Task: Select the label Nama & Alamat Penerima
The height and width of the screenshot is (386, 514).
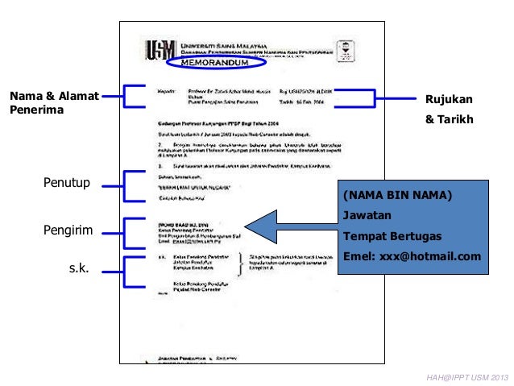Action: (53, 103)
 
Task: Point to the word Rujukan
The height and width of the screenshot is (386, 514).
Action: (448, 99)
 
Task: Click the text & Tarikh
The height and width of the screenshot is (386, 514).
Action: (448, 121)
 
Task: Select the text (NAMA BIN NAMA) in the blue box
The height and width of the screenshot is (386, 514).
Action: (397, 196)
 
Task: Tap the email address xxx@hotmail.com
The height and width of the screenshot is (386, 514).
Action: (412, 257)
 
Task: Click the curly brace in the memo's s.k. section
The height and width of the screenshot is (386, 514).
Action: (239, 263)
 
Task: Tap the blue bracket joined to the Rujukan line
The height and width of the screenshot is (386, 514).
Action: (371, 98)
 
